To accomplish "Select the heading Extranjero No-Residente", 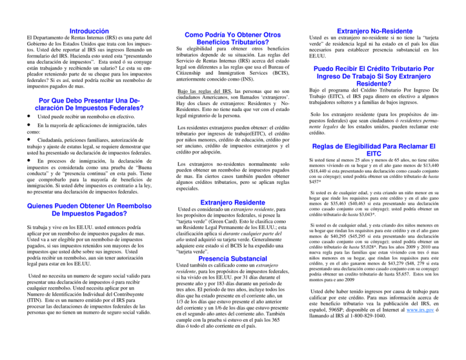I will [x=388, y=28].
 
